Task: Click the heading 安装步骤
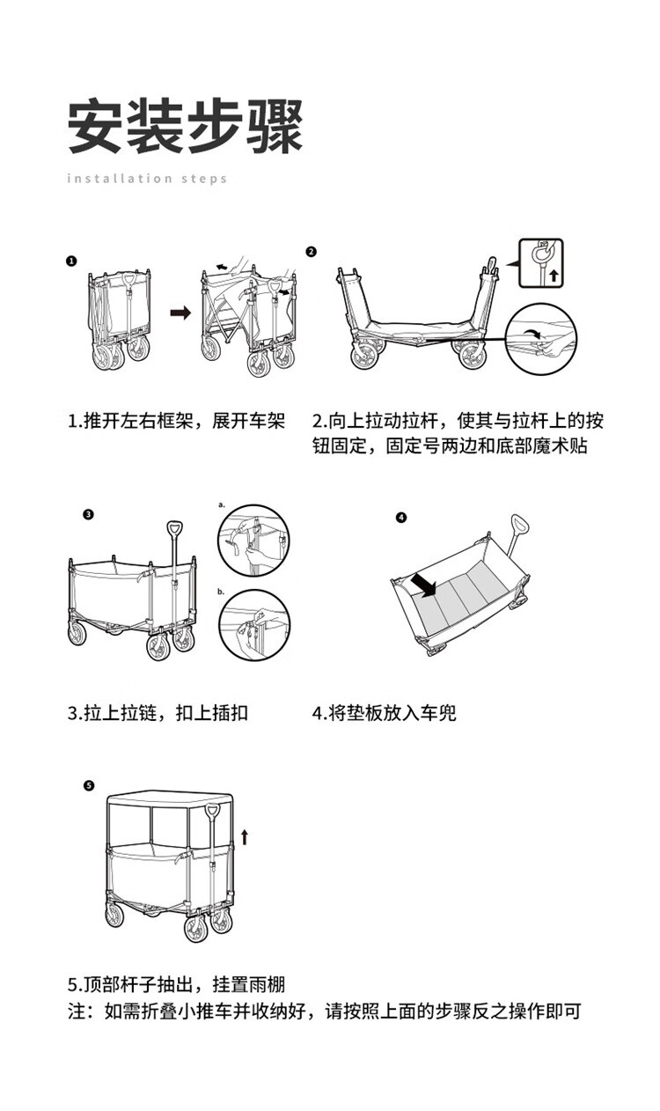click(x=186, y=126)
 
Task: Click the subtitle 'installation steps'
click(x=147, y=179)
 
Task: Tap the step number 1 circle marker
click(x=71, y=261)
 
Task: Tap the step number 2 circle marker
click(x=311, y=251)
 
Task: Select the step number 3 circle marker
click(x=87, y=515)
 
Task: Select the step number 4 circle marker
click(x=402, y=518)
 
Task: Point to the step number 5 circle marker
click(x=87, y=785)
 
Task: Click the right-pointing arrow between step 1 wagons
click(x=180, y=313)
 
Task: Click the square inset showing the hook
click(x=540, y=263)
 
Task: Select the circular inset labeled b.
click(x=253, y=626)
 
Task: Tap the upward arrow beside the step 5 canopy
click(x=246, y=835)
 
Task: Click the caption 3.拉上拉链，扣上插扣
click(x=158, y=712)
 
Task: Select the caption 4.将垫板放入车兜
click(x=385, y=712)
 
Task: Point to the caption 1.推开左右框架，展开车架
click(x=177, y=421)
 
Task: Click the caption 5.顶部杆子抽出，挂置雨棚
click(x=177, y=984)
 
